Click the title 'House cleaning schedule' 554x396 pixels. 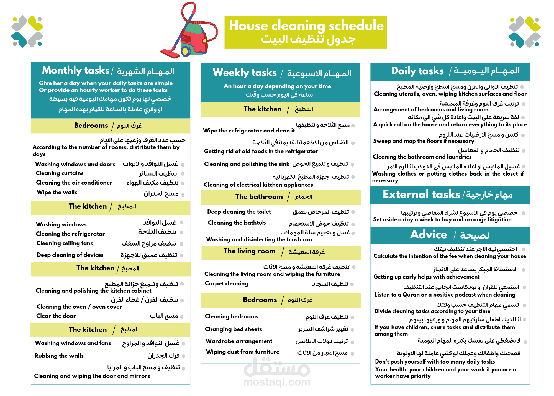point(306,26)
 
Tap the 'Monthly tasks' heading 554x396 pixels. point(76,70)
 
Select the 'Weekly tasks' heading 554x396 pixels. point(245,73)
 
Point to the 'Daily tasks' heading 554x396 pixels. point(417,71)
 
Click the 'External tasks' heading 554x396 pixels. point(421,195)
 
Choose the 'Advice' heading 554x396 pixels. point(429,235)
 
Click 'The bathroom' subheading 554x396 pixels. point(259,197)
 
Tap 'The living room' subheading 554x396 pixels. point(249,251)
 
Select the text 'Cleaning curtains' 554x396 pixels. point(60,173)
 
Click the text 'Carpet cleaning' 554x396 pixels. point(226,283)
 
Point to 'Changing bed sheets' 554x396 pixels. point(233,329)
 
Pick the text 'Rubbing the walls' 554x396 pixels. point(59,356)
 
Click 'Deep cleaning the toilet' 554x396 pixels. point(239,212)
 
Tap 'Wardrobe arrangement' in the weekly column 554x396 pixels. point(239,341)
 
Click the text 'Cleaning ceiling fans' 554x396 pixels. point(65,243)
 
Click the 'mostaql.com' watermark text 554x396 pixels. point(277,382)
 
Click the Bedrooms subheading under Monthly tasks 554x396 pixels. point(91,126)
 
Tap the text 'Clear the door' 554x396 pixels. point(56,316)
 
